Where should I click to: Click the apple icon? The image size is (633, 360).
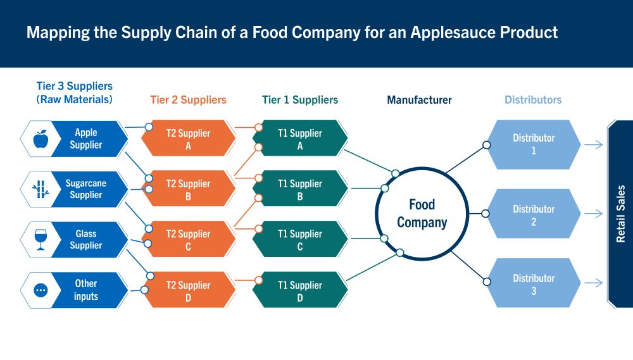(41, 139)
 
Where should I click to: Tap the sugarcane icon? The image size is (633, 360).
(41, 189)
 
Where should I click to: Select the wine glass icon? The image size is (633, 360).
(41, 239)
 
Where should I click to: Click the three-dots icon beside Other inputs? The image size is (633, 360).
(41, 290)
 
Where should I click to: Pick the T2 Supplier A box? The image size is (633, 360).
(188, 139)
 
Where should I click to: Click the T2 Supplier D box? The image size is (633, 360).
(188, 290)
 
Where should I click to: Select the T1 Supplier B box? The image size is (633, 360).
(300, 189)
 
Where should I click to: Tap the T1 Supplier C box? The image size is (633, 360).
(300, 239)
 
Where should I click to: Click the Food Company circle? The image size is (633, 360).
(422, 213)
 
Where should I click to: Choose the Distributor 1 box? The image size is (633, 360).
(534, 144)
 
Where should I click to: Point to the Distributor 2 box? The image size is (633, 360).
(534, 214)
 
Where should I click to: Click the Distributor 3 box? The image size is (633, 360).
(534, 283)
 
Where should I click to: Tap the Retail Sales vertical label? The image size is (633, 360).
(621, 214)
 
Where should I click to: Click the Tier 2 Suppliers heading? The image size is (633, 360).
(188, 100)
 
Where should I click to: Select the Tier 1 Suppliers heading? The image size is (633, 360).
(300, 100)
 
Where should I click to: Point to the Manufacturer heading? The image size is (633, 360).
(419, 100)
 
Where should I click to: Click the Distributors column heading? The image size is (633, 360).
(533, 100)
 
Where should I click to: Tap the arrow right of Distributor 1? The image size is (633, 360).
(594, 145)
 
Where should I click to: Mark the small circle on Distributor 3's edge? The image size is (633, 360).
(486, 282)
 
